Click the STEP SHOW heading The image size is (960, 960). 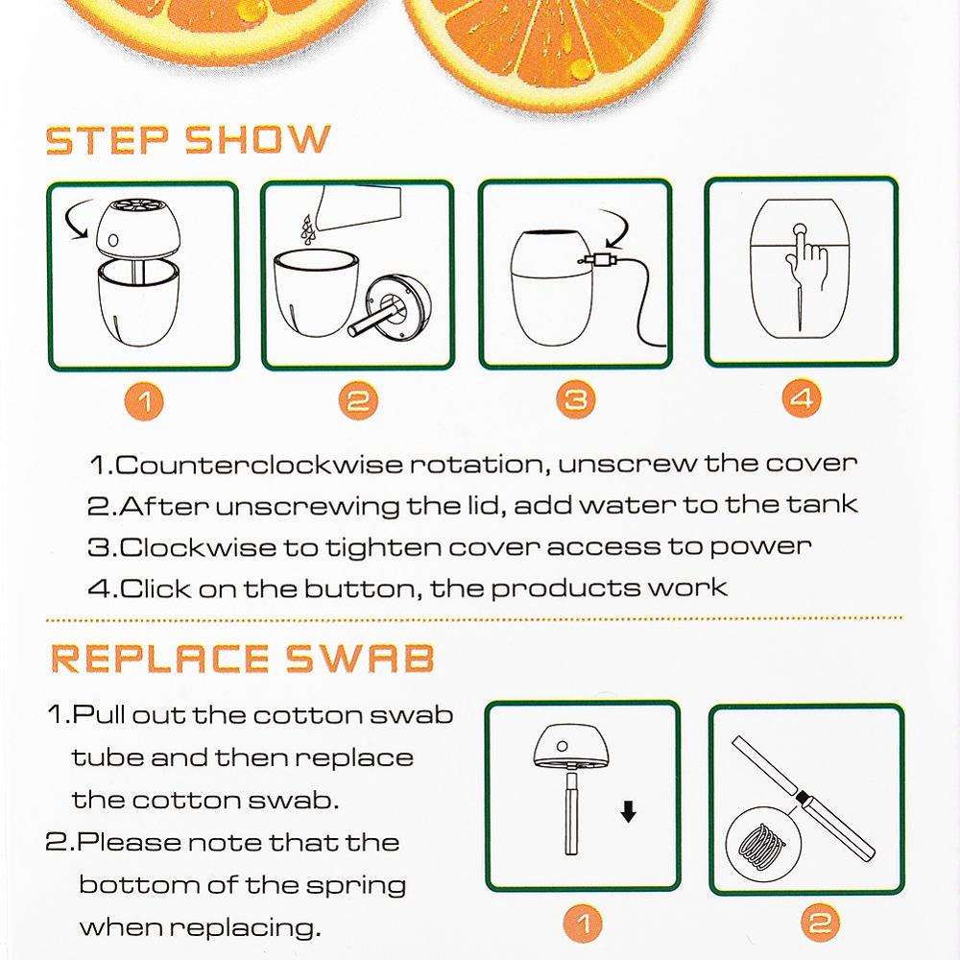point(188,139)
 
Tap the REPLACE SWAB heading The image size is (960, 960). point(243,659)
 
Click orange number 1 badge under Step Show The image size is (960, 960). point(144,401)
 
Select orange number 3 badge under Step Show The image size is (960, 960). point(575,399)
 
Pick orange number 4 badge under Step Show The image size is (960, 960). point(802,398)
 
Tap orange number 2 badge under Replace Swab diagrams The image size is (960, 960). point(820,923)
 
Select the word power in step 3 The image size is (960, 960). point(760,547)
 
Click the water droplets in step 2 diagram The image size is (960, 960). point(307,229)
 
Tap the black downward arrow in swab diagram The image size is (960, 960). point(628,812)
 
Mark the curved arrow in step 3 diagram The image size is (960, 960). point(616,228)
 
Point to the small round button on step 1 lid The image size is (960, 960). point(113,240)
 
